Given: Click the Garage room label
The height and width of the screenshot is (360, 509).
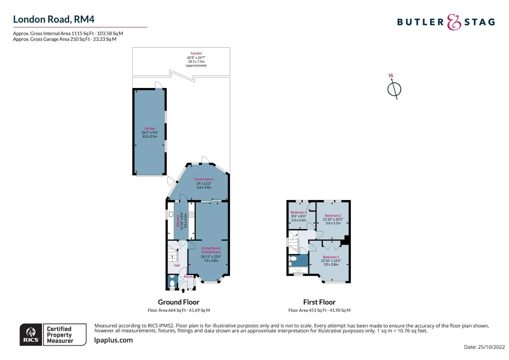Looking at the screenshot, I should point(150,128).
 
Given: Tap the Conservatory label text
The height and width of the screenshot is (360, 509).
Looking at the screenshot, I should point(204,179).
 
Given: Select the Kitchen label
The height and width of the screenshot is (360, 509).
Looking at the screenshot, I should point(178,221).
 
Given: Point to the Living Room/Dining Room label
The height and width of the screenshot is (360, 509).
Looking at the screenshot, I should point(211,250).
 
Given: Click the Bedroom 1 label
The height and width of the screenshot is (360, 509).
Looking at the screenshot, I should point(331,257).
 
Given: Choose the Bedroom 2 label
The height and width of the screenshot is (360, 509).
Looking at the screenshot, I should point(333,216).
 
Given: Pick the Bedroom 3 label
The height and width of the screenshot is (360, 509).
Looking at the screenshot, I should point(298,212).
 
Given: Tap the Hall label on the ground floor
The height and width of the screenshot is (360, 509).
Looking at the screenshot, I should point(177,265).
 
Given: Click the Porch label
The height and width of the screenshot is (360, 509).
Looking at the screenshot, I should point(188,277).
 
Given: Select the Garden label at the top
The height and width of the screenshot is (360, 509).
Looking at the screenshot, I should point(196,53).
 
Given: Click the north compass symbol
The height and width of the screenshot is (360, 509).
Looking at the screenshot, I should point(394,89).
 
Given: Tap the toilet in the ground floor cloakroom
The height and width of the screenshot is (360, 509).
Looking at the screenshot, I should point(172,283).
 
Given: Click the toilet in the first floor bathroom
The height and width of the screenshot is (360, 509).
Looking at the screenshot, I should point(293,259).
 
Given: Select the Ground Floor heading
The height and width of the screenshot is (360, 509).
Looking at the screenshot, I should point(179,302).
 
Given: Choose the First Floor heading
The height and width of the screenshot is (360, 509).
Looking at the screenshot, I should point(319,302).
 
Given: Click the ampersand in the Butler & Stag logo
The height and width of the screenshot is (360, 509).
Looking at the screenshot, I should point(454,22).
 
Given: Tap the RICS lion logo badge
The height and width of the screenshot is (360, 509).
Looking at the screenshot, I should point(31,334).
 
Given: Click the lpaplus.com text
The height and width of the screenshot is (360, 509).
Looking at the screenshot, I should point(114,340).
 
